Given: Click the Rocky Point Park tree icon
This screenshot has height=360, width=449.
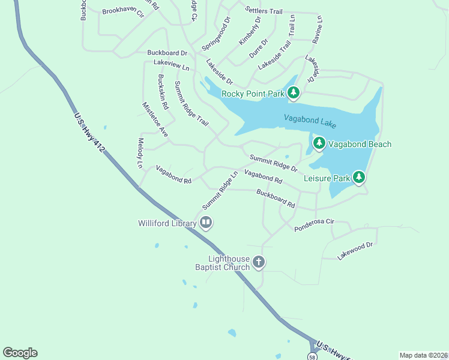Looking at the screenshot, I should [293, 93].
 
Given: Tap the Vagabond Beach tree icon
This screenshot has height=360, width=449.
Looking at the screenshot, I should [319, 143].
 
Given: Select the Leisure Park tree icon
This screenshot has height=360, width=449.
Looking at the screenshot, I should [359, 177].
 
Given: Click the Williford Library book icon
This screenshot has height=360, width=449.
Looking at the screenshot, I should [206, 223].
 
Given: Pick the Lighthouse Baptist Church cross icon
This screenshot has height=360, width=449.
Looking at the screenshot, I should [259, 262].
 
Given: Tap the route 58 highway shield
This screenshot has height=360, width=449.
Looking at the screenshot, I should [312, 356].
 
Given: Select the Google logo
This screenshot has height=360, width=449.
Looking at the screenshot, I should [20, 353].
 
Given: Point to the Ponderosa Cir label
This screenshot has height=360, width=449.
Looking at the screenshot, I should [313, 225].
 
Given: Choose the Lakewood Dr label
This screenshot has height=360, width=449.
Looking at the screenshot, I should [355, 251].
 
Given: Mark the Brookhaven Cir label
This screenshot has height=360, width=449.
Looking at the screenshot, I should [123, 11].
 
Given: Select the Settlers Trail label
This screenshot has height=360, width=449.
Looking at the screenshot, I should [264, 11].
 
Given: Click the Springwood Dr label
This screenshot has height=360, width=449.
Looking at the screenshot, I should [216, 34].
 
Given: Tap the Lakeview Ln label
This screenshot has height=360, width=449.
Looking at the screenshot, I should [171, 62].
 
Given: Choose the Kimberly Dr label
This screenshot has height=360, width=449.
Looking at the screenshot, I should [250, 31].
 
